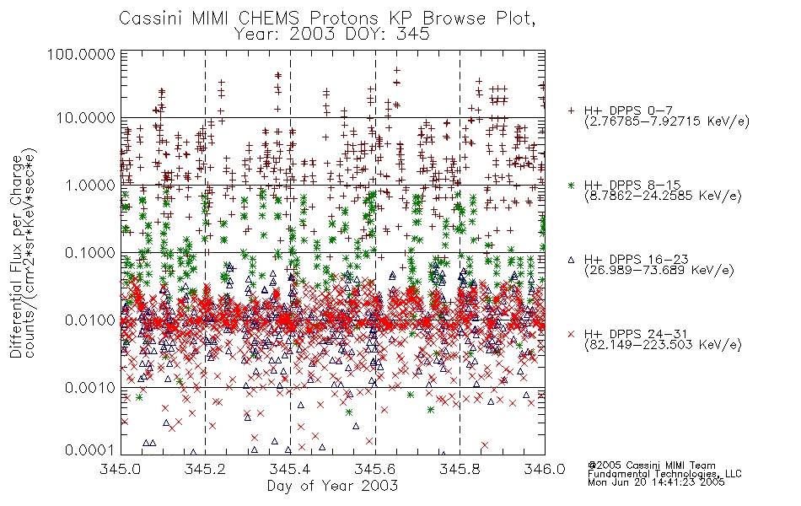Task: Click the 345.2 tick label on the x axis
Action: pos(205,469)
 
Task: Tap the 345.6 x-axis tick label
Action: pos(374,469)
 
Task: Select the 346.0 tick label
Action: pos(545,469)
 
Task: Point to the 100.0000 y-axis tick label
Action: pos(82,54)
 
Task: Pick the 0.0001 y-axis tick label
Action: pos(90,450)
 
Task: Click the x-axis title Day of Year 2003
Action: pos(332,486)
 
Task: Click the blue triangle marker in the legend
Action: pos(571,260)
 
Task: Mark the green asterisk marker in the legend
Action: pos(571,185)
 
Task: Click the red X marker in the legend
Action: pos(571,334)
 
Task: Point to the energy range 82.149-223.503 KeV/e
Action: pos(663,345)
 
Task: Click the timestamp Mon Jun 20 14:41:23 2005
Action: pos(656,482)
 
